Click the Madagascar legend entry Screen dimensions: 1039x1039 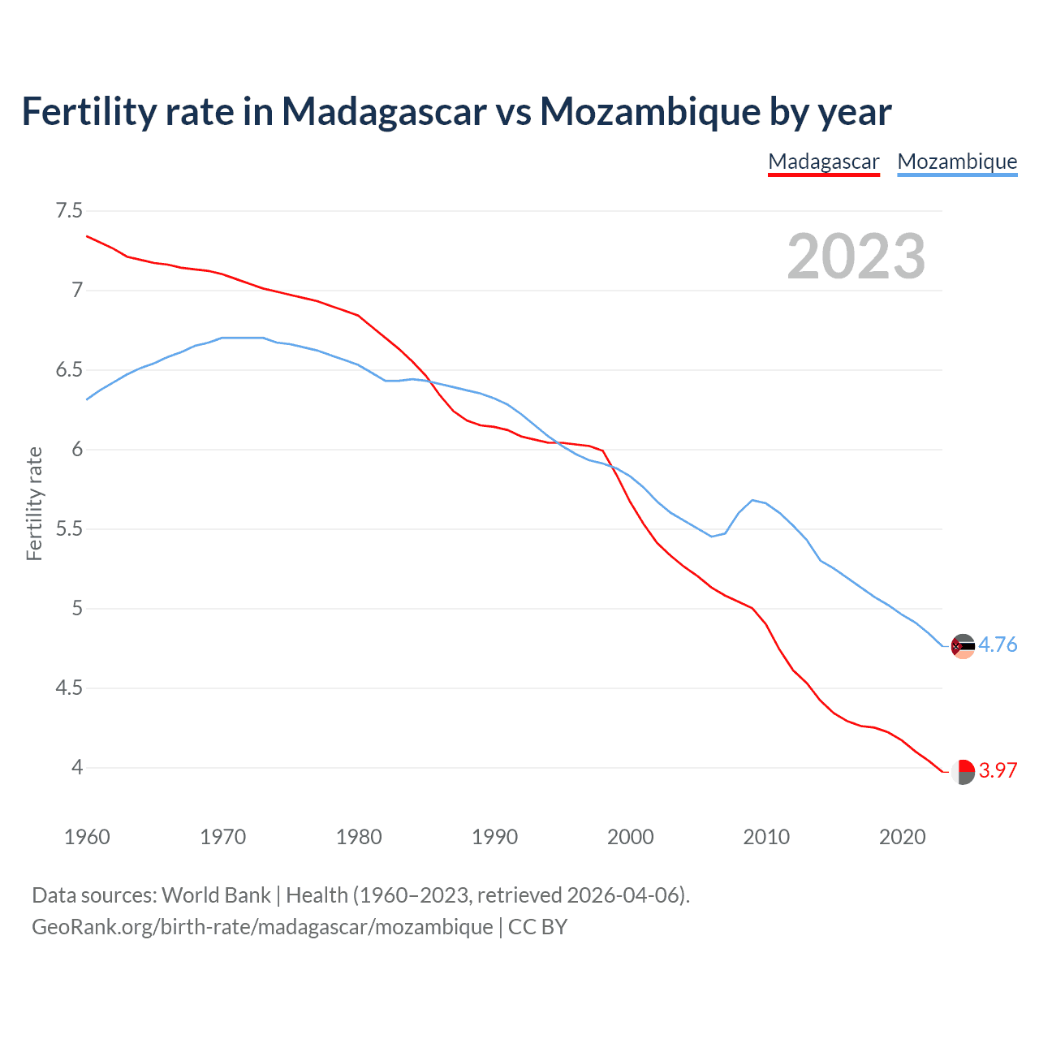tap(823, 162)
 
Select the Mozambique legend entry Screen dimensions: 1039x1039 tap(957, 162)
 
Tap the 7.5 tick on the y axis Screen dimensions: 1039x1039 tap(69, 211)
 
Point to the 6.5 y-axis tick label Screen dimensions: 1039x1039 tap(69, 370)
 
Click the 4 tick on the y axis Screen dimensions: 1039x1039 tap(77, 767)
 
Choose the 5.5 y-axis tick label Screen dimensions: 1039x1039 tap(69, 529)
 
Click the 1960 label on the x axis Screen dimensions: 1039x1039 tap(87, 837)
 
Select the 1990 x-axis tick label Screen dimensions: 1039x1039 tap(494, 837)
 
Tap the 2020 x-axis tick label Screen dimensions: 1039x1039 tap(902, 837)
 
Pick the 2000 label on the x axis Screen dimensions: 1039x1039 tap(630, 837)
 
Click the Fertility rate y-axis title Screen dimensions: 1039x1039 tap(34, 503)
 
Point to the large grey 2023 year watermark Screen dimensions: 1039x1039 tap(856, 257)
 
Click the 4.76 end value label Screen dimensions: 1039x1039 tap(998, 645)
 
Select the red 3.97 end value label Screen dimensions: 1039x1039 tap(998, 770)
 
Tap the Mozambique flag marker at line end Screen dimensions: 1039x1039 tap(963, 646)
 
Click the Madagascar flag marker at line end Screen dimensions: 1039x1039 tap(963, 771)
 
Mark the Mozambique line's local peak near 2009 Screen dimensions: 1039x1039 tap(753, 500)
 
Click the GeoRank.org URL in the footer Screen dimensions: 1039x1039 tap(262, 926)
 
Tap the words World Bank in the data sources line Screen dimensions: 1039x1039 tap(216, 895)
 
